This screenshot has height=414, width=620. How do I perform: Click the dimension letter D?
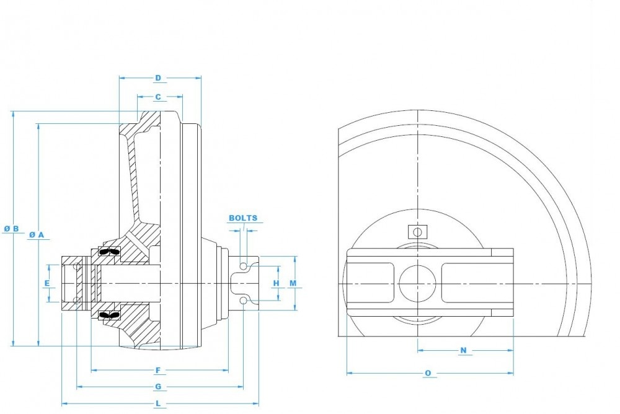coord(158,78)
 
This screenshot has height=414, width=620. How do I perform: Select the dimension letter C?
coord(158,97)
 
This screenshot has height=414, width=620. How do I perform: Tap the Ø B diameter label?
coord(11,229)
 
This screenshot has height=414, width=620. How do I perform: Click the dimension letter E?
coord(46,283)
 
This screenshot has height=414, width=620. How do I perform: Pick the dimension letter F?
coord(158,371)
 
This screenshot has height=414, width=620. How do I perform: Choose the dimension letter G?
coord(158,387)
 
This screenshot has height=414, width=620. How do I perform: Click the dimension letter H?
coord(277,283)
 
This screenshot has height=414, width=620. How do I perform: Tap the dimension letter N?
coord(463,351)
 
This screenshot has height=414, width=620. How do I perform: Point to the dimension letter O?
coord(428,374)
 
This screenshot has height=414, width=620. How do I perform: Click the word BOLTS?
coord(243,218)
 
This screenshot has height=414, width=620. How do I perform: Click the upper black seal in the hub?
coord(109,252)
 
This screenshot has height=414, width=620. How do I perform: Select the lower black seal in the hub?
coord(109,316)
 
